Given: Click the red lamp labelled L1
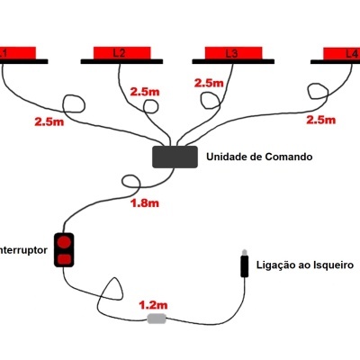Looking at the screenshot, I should click(x=17, y=52).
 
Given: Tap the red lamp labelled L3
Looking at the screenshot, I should click(x=231, y=52).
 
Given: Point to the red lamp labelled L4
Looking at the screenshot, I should click(x=342, y=52).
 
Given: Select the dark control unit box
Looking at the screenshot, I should click(x=175, y=157).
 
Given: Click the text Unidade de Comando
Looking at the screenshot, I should click(x=259, y=157).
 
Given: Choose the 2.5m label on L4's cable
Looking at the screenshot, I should click(x=322, y=119).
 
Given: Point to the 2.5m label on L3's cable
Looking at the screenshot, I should click(x=208, y=83).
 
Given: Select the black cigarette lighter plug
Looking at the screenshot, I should click(x=243, y=266).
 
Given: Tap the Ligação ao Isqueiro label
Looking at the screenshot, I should click(x=306, y=266).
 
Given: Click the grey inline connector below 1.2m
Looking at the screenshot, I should click(x=157, y=319).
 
